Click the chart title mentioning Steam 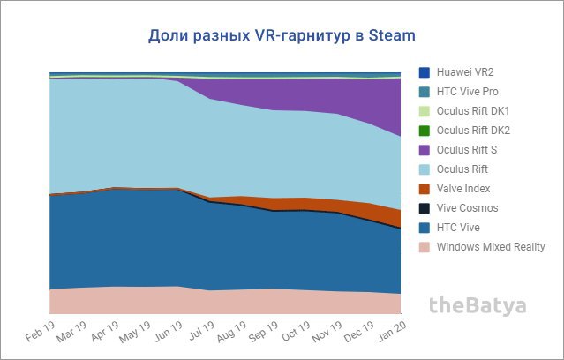(280, 36)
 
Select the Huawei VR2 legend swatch (424, 71)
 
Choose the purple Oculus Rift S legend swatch (424, 149)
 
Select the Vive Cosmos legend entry (468, 208)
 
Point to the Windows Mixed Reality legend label (491, 246)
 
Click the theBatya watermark (477, 306)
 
